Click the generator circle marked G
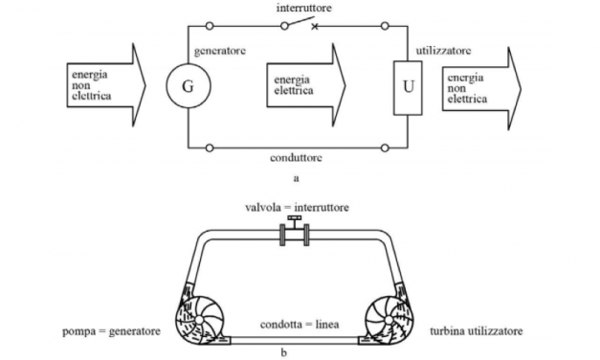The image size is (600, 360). coord(188,86)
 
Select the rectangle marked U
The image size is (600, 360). coord(407,85)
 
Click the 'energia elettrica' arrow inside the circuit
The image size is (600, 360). coord(303,86)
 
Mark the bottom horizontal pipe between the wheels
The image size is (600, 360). coord(297,339)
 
